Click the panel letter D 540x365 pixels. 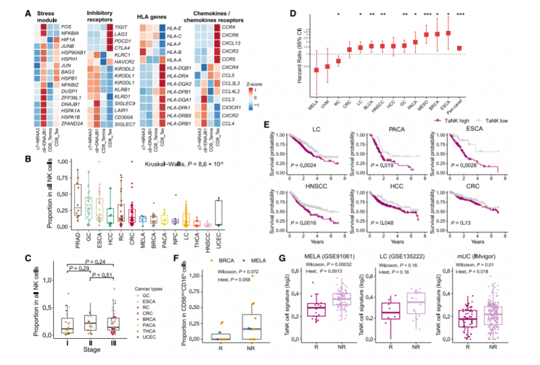click(273, 11)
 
